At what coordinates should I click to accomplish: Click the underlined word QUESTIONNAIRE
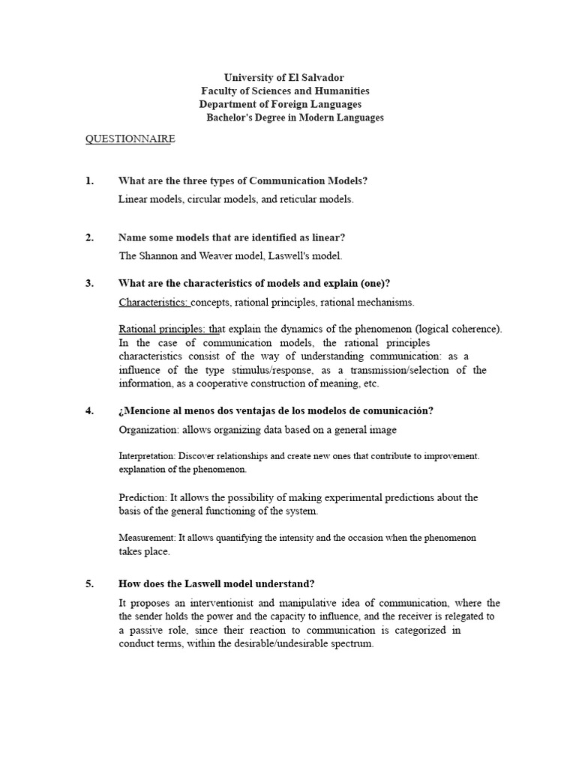pos(130,139)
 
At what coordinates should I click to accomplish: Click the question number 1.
pos(89,181)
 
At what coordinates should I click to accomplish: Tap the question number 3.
pos(89,282)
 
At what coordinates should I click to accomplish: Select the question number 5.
pos(89,583)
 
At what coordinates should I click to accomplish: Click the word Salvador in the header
pos(320,78)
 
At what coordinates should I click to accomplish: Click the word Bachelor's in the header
pos(234,118)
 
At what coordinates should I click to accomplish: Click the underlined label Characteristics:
pos(154,302)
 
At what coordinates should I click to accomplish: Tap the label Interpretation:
pos(147,455)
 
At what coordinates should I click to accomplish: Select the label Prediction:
pos(142,497)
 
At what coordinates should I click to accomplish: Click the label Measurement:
pos(148,538)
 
